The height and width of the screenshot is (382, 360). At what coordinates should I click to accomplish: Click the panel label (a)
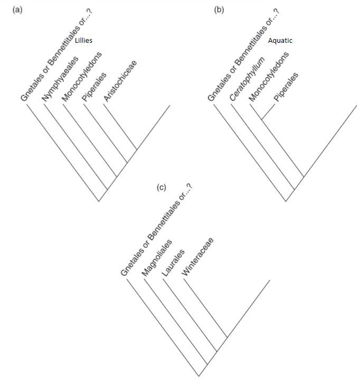tap(18, 9)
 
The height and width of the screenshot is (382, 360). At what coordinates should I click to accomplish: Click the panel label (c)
tap(162, 187)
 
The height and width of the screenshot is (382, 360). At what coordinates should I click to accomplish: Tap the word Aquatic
tap(280, 41)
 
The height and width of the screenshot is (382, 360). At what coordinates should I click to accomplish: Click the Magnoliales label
tap(157, 256)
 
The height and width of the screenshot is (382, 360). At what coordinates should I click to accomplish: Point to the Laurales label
tap(173, 263)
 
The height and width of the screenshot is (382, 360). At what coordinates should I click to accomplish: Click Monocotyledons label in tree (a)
tap(81, 76)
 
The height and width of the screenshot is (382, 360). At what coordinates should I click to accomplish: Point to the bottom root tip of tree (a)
tap(99, 201)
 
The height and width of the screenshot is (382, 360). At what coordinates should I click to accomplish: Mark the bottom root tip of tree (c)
tap(199, 376)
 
